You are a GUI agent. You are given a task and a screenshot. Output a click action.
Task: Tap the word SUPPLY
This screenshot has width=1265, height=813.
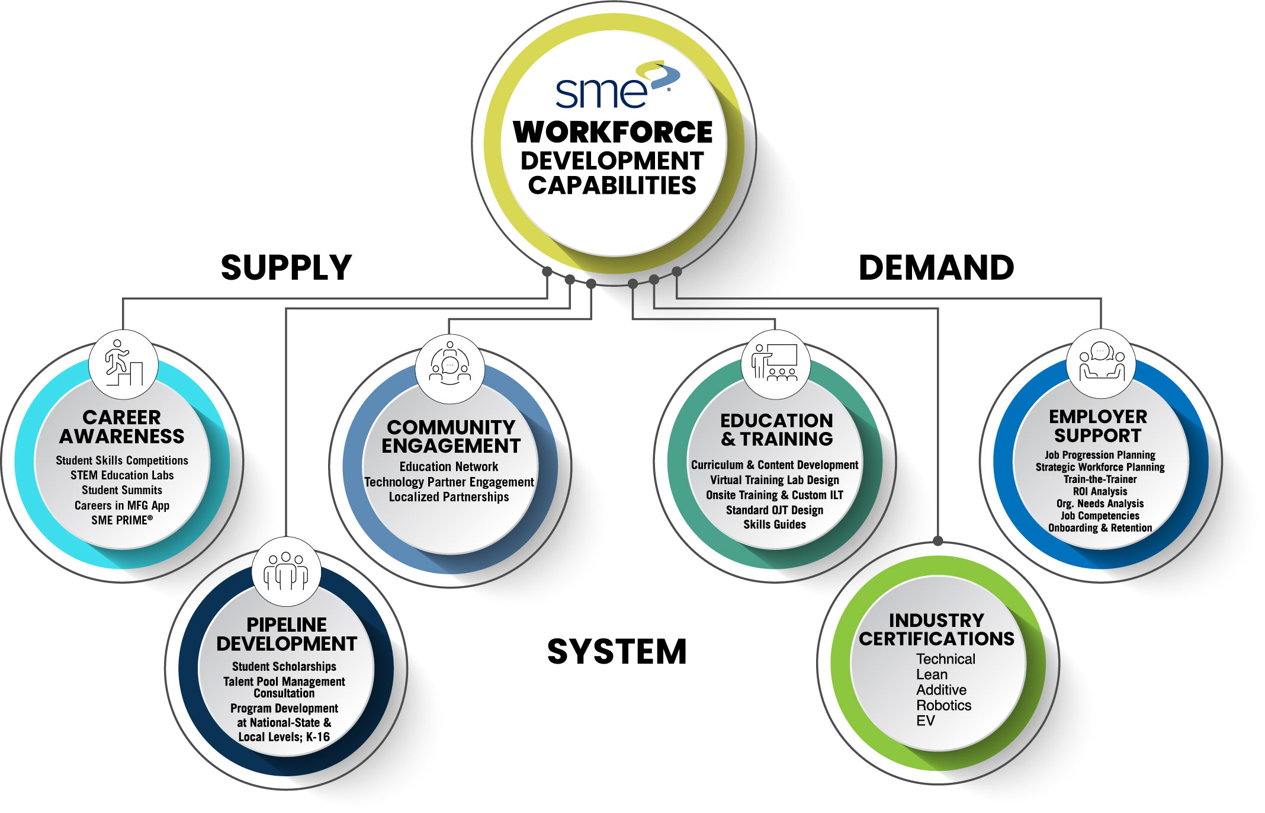click(x=286, y=268)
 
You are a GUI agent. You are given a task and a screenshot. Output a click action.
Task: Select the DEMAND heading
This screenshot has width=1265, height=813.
click(x=936, y=268)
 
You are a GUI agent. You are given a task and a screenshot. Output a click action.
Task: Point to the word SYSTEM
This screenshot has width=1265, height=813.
click(x=617, y=652)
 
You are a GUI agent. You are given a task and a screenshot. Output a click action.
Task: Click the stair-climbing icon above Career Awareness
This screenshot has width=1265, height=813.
click(x=123, y=363)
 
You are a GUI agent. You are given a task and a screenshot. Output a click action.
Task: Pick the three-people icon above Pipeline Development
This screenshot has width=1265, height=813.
click(x=286, y=571)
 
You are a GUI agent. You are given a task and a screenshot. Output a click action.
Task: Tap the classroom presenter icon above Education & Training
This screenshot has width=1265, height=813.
click(x=775, y=363)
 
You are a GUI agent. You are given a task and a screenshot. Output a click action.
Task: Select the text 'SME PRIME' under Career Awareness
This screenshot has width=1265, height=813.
click(x=121, y=520)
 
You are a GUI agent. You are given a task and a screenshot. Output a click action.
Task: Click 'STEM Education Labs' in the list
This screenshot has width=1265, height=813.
click(x=122, y=475)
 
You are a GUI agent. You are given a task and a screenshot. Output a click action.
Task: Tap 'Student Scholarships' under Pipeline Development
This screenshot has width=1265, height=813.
click(x=284, y=667)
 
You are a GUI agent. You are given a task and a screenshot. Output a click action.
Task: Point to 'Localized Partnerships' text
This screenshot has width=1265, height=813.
click(x=449, y=497)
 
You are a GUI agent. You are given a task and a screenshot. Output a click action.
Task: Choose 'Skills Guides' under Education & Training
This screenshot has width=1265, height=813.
click(x=775, y=524)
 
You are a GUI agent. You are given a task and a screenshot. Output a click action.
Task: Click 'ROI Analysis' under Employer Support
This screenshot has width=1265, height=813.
click(x=1100, y=491)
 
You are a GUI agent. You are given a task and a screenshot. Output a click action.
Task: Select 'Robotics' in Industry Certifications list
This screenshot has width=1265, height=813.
click(x=943, y=705)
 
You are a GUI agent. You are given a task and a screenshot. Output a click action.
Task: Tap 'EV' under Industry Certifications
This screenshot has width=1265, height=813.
click(x=925, y=721)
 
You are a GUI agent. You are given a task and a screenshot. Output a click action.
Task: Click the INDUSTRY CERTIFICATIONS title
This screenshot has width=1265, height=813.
click(x=936, y=629)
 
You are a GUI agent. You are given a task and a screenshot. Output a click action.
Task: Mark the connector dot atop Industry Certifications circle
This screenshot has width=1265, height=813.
click(x=937, y=540)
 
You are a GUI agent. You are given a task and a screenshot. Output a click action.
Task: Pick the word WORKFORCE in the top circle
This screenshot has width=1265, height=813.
click(x=613, y=132)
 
